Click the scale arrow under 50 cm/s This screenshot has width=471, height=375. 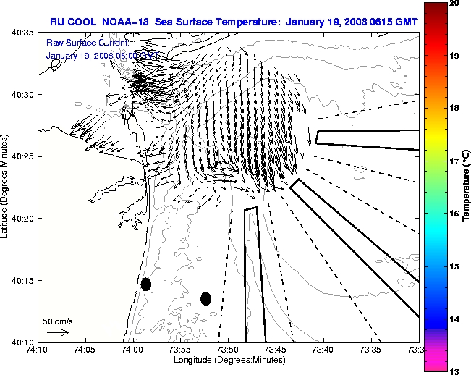click(x=57, y=332)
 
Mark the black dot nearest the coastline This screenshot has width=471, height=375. click(x=146, y=284)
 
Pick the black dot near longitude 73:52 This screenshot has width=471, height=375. click(x=205, y=298)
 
